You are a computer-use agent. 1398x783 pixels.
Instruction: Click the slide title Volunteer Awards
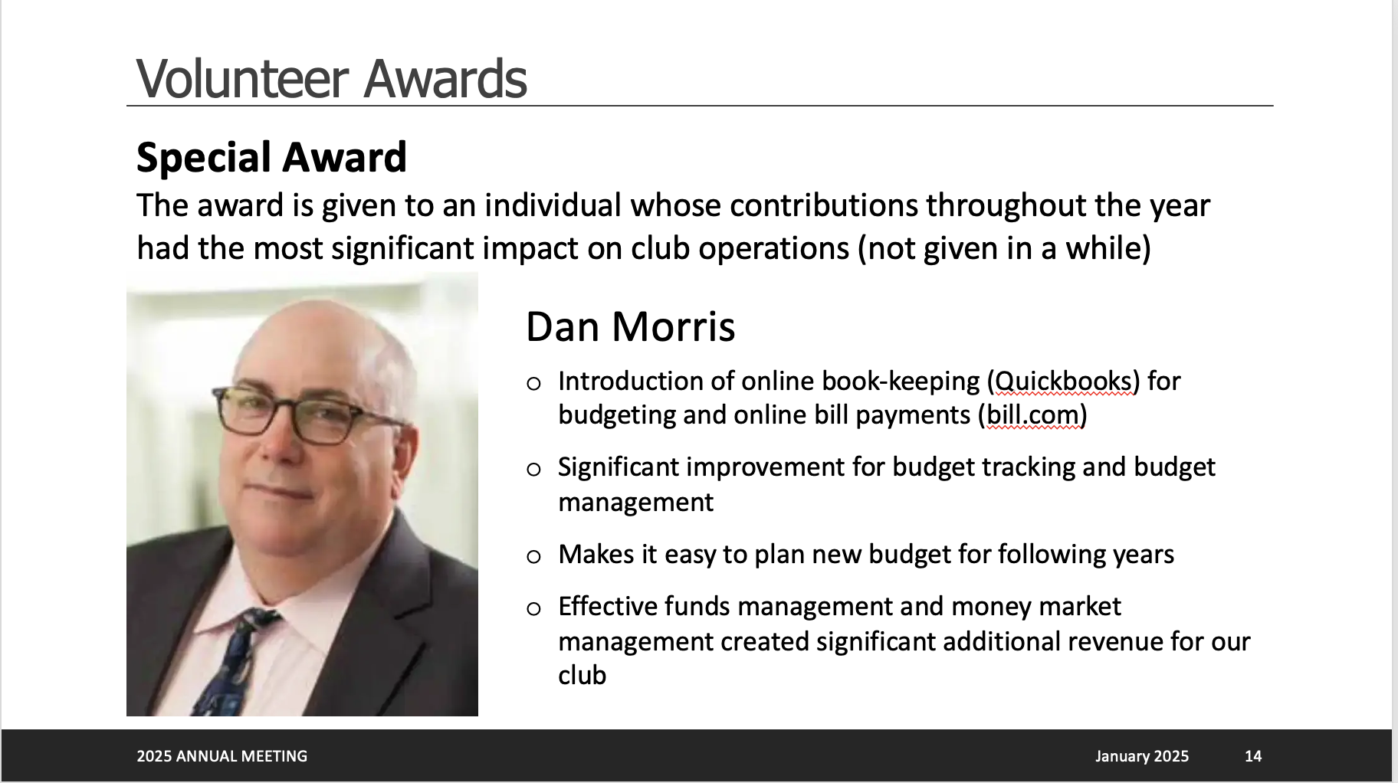point(331,78)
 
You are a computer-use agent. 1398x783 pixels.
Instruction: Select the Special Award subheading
point(271,157)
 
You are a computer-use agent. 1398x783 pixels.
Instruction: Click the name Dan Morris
point(630,326)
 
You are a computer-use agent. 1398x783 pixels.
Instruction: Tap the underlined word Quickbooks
point(1063,382)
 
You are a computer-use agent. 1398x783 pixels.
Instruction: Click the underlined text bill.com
point(1033,414)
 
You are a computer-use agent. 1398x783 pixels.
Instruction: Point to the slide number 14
point(1253,756)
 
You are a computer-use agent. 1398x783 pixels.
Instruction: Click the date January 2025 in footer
point(1142,756)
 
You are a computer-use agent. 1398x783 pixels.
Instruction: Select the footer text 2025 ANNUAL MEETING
point(222,756)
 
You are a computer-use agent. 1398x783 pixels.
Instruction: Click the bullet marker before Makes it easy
point(534,556)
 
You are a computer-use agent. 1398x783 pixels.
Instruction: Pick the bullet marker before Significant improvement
point(534,469)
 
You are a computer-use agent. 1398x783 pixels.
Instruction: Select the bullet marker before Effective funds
point(534,609)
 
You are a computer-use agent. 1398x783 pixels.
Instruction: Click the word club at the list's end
point(582,675)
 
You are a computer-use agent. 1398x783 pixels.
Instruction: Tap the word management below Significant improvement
point(636,503)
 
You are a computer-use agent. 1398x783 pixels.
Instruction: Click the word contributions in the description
point(824,205)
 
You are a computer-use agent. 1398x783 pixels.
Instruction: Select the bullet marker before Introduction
point(534,383)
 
